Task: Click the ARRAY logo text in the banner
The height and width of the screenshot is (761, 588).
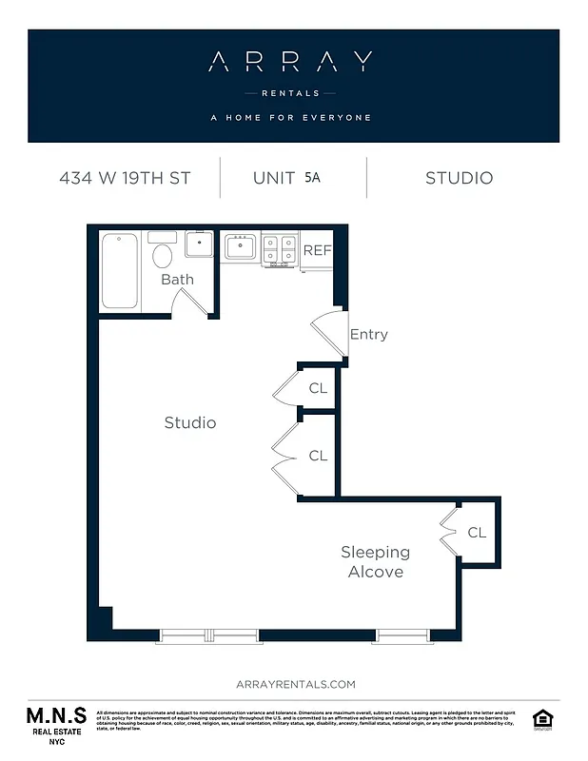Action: click(x=291, y=63)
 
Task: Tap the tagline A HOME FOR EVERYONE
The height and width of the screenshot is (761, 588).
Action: click(x=291, y=118)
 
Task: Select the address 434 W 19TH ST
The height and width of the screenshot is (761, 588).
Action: click(x=124, y=178)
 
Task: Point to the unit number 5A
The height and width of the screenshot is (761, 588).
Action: click(x=312, y=177)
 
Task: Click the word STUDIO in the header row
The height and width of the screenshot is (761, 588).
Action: click(x=459, y=178)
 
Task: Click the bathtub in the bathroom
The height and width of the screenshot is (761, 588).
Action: click(x=120, y=270)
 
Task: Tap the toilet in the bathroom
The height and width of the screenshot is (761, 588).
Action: click(x=163, y=254)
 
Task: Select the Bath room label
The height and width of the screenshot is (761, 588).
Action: click(x=177, y=279)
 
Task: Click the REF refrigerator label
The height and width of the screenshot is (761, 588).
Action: click(x=316, y=250)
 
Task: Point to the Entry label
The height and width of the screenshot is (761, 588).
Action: click(x=369, y=334)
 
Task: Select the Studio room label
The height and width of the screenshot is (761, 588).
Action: click(x=189, y=422)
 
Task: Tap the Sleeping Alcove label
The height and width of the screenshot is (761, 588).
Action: click(x=375, y=561)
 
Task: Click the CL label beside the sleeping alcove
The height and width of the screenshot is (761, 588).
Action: click(x=477, y=533)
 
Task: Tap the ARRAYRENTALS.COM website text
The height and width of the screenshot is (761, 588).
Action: click(x=294, y=684)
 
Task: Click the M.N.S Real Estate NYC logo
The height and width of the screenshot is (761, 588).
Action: click(x=55, y=724)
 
